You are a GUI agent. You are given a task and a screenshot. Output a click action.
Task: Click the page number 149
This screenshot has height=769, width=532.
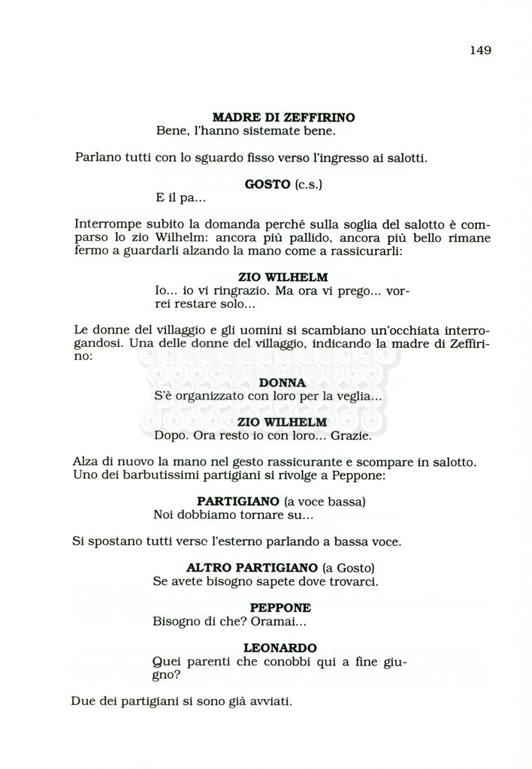[x=480, y=50]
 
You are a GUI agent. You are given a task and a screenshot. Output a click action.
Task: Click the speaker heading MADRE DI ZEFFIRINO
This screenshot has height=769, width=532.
[x=283, y=117]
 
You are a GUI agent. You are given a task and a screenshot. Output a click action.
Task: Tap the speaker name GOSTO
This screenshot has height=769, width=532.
[x=268, y=184]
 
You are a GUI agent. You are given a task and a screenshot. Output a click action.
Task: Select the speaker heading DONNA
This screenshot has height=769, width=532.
[x=282, y=382]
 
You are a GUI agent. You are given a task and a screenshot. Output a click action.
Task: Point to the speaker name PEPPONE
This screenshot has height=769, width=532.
[x=280, y=608]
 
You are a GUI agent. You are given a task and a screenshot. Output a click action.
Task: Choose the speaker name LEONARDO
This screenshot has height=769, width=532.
[x=280, y=647]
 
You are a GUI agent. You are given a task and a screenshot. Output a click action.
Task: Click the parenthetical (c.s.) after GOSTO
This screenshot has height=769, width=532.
[x=307, y=184]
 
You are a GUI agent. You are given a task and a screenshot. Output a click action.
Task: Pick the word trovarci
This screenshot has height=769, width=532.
[x=352, y=581]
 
